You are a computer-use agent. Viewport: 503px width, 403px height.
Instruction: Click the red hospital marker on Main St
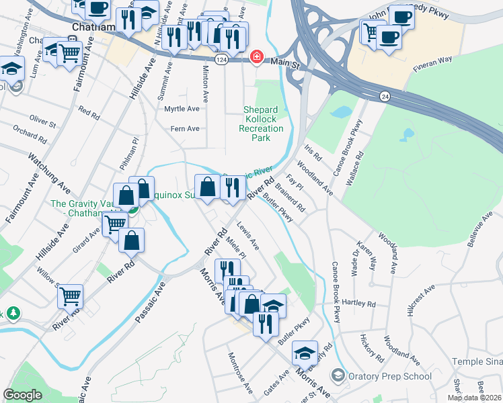256,57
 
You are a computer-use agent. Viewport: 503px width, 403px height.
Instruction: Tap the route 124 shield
221,60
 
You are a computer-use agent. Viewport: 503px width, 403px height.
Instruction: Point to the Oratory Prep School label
391,376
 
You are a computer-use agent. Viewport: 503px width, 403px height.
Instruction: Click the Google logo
23,395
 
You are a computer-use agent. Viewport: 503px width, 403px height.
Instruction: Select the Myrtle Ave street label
182,109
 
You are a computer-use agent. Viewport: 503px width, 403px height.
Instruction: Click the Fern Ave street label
186,128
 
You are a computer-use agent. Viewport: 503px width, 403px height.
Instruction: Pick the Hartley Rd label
358,304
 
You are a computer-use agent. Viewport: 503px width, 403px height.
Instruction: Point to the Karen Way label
367,256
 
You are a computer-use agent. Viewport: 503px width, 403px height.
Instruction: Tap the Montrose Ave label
240,373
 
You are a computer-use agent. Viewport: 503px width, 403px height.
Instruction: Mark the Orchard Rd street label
30,134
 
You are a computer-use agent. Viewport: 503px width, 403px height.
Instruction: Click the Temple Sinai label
477,361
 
